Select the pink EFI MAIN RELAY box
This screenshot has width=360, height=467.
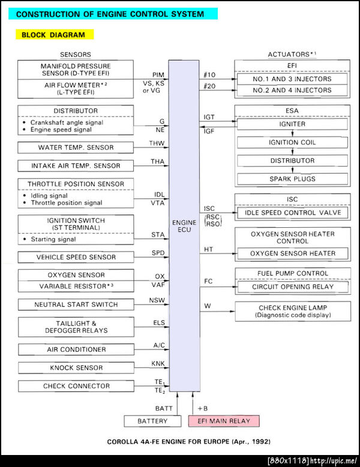(x=224, y=421)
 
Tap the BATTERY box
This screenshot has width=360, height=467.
(x=152, y=421)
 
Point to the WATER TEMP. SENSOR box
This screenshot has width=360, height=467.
(x=76, y=147)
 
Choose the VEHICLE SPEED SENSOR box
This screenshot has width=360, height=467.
(x=76, y=257)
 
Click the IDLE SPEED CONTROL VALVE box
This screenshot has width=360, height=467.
(x=293, y=213)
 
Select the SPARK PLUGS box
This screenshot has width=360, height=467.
(x=292, y=179)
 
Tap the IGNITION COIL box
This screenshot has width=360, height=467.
(x=292, y=143)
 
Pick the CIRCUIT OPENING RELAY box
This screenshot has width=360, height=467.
(x=293, y=287)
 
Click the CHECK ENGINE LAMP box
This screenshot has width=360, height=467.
(x=293, y=311)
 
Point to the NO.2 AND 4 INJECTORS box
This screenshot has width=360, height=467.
(x=293, y=91)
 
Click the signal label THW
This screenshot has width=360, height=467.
(x=157, y=143)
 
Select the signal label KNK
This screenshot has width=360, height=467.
(x=158, y=363)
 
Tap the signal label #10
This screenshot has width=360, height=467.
(x=209, y=74)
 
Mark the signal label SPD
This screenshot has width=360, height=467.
(x=158, y=253)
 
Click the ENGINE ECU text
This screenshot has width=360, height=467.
(x=184, y=226)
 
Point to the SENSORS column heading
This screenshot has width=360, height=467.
(x=76, y=55)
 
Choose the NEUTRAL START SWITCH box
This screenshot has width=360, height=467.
(x=76, y=305)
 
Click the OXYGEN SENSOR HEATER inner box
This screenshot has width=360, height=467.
(x=293, y=254)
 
